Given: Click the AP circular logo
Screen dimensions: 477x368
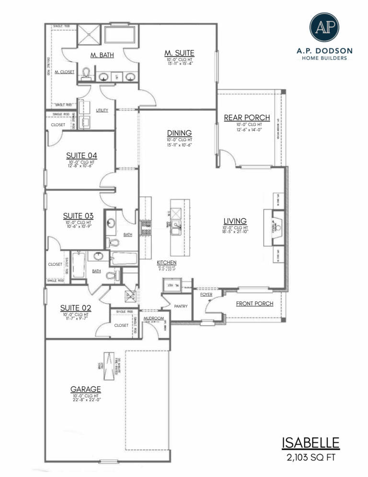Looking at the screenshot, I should [324, 27].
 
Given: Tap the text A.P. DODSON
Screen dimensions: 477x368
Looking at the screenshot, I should [324, 51].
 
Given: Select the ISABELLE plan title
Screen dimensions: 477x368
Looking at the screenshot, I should [311, 442].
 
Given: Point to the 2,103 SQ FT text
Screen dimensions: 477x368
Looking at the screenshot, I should [311, 457].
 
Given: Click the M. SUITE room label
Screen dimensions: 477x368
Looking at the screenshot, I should [179, 53].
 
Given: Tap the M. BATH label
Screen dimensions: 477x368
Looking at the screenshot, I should [102, 55].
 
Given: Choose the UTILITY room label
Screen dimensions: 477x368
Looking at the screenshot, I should [102, 110].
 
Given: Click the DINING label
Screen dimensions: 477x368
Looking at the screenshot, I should [179, 133].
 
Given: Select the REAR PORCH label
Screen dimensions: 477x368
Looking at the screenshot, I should [247, 118].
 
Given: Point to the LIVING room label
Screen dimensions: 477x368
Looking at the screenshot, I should [235, 221].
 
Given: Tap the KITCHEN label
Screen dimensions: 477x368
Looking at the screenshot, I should [167, 262].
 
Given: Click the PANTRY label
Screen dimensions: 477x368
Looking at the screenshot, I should [181, 306].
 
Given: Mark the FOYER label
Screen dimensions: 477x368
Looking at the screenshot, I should [206, 294].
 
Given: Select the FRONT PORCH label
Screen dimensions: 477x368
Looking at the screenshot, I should [255, 304].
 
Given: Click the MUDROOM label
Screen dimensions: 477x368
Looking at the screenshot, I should [154, 318].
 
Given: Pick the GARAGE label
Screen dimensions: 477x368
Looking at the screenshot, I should [86, 389].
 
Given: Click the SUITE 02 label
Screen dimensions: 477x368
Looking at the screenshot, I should [76, 308].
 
